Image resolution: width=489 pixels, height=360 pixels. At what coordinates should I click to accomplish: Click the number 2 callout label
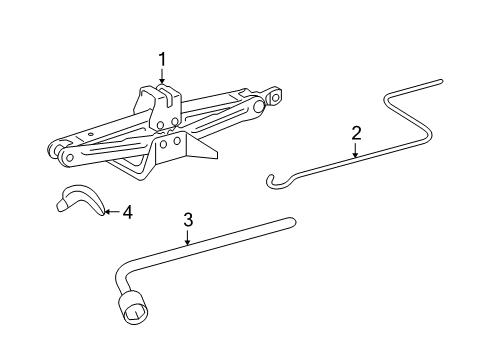pyautogui.click(x=355, y=132)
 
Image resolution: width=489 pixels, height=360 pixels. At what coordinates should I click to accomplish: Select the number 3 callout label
pyautogui.click(x=187, y=220)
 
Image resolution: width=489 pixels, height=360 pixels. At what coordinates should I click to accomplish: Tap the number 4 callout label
pyautogui.click(x=126, y=212)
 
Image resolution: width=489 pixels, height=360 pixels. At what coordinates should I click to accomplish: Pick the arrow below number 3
pyautogui.click(x=187, y=238)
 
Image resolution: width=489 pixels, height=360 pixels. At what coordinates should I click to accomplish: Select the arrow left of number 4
pyautogui.click(x=110, y=212)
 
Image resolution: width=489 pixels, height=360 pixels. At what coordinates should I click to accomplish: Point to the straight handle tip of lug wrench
pyautogui.click(x=291, y=223)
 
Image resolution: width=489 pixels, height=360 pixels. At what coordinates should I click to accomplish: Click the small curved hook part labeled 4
pyautogui.click(x=77, y=201)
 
